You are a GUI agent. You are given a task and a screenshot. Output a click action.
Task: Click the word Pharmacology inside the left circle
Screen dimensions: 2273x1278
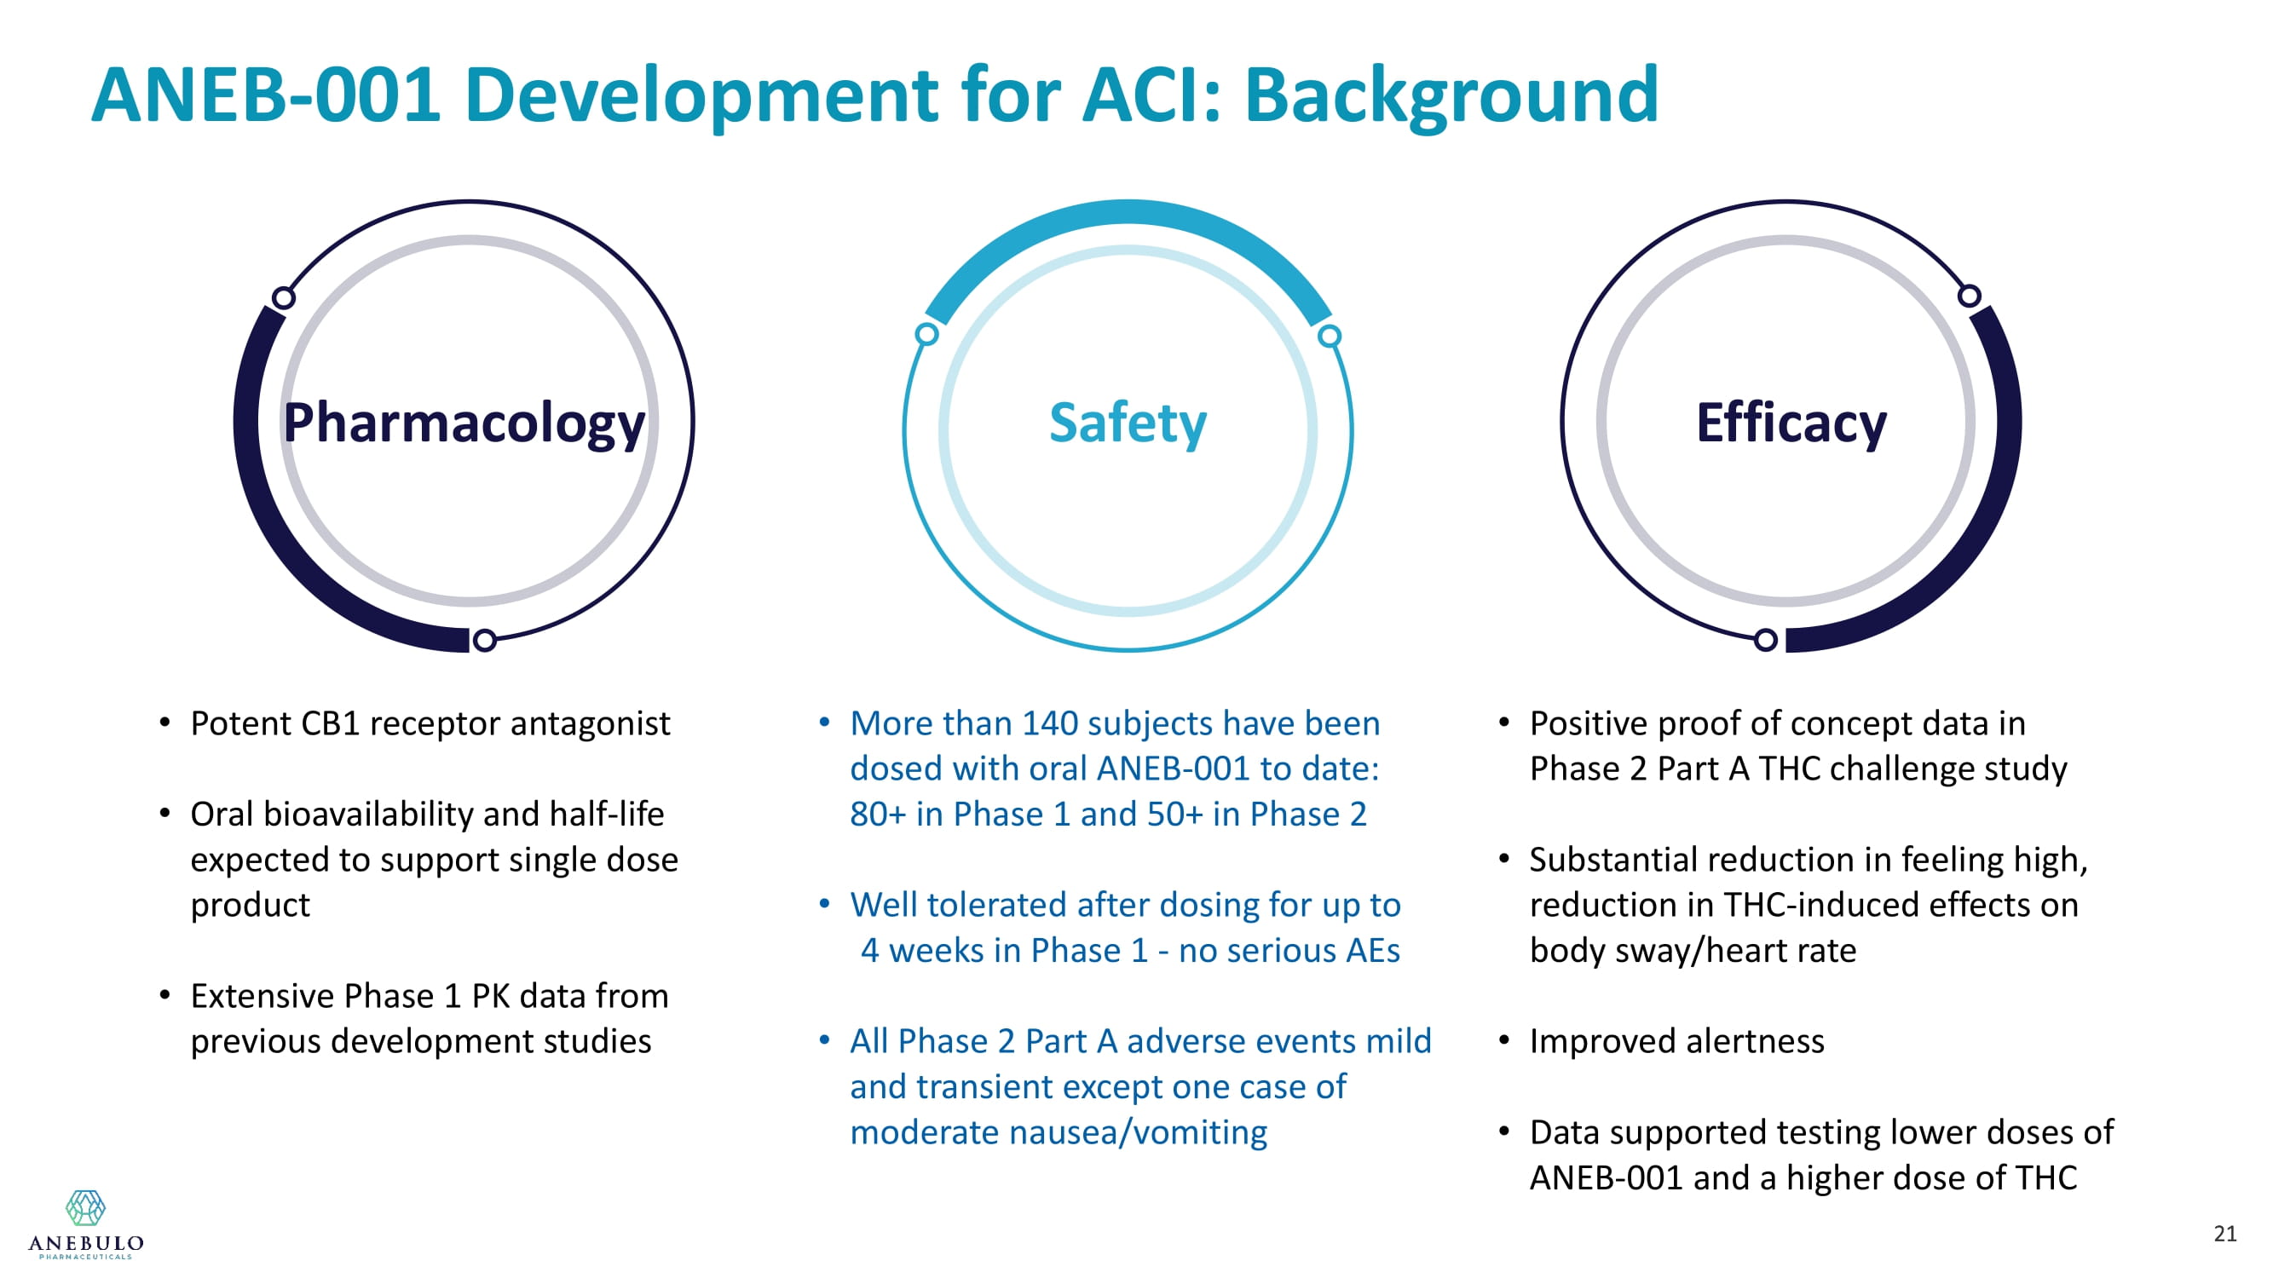[x=464, y=424]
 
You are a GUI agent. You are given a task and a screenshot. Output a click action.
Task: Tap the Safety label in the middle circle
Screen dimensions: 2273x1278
[x=1128, y=423]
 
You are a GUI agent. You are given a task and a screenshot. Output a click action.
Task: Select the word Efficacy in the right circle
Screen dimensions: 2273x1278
[x=1791, y=423]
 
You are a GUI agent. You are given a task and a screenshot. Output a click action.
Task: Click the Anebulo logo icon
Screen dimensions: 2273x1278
[x=85, y=1207]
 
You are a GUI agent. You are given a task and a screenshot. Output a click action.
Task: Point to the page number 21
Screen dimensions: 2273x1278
[x=2225, y=1233]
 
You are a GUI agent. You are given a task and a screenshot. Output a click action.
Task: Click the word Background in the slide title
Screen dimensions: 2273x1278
[x=1451, y=95]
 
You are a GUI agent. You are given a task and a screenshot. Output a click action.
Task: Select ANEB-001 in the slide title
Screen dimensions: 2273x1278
[x=266, y=95]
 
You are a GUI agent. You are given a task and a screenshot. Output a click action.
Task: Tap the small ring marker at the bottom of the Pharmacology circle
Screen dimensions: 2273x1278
[x=484, y=641]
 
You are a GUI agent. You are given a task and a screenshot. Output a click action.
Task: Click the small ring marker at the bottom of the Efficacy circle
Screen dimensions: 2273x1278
[x=1766, y=641]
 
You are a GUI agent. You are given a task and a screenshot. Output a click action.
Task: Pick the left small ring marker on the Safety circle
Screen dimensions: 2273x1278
[x=926, y=334]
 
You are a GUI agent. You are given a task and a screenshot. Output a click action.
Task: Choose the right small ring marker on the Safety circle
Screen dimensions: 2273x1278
[x=1330, y=336]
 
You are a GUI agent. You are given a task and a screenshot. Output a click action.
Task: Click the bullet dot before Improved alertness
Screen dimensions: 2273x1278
[x=1503, y=1041]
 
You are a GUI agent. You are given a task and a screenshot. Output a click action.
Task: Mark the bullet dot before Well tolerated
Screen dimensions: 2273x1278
[x=824, y=904]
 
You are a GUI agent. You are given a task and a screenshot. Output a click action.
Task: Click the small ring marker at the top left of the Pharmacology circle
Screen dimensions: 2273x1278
[x=283, y=298]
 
